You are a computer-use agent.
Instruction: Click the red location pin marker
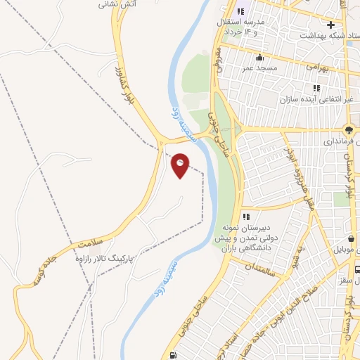181,165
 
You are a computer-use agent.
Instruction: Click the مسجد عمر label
258,68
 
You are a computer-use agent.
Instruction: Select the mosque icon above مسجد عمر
260,58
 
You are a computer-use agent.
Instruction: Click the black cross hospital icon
330,25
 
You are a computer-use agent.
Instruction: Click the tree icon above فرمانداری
349,129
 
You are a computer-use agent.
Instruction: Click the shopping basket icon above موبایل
351,239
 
